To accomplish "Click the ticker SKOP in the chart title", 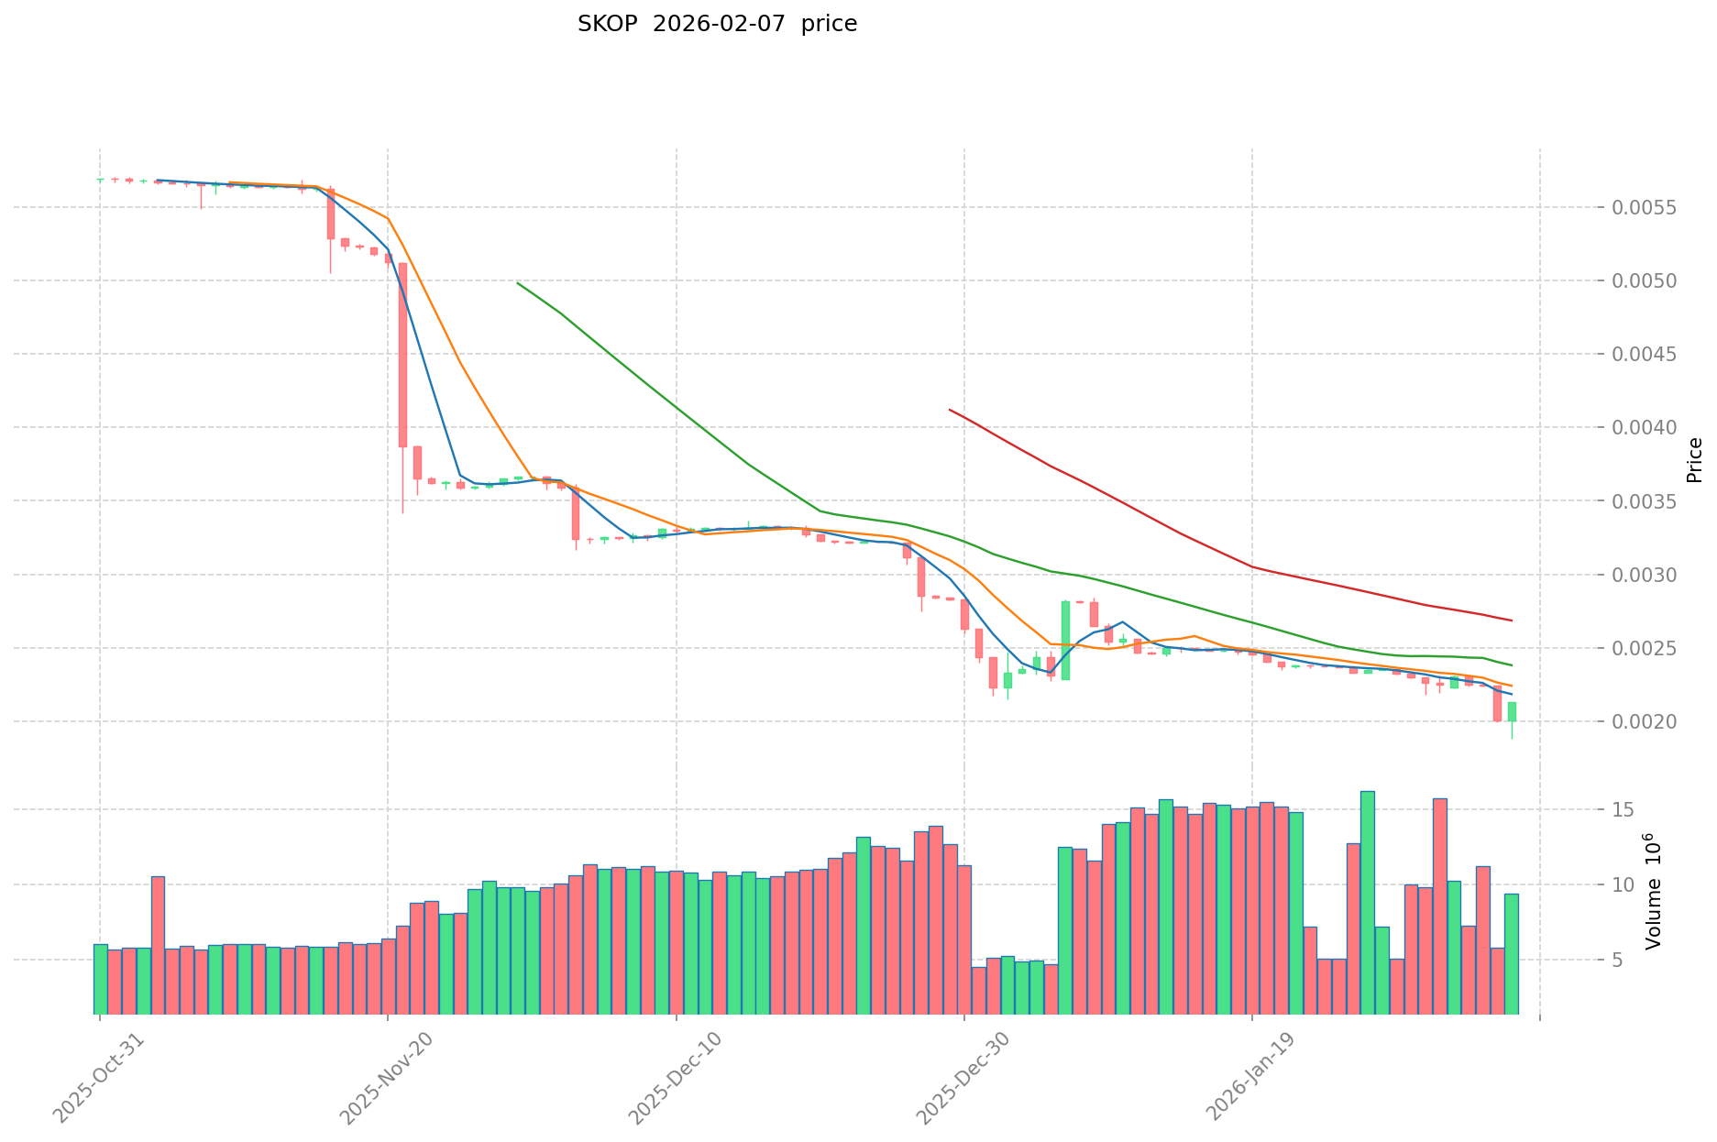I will click(607, 25).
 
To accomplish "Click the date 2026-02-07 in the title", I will click(719, 25).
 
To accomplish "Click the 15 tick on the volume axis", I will click(1623, 810).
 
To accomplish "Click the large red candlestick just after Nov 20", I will click(402, 355).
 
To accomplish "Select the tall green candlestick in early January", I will click(1065, 640).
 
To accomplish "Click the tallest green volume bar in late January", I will click(1367, 903).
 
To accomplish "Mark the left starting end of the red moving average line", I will click(950, 410).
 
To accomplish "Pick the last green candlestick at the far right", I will click(1512, 711).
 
